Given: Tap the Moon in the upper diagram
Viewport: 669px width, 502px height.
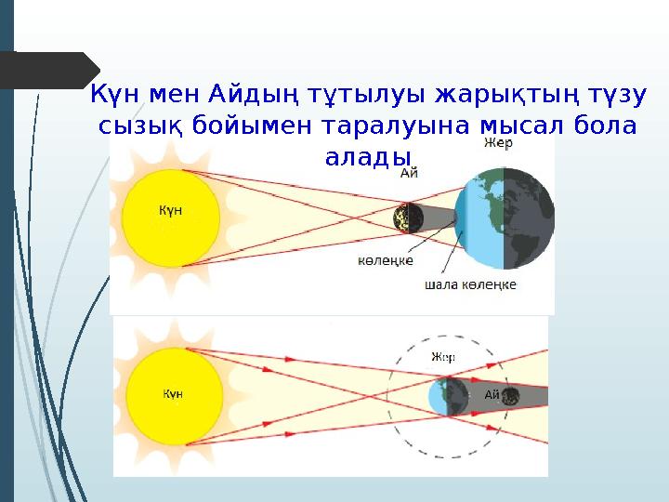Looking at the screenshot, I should point(408,218).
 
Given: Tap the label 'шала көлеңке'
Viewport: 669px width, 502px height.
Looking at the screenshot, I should point(471,284).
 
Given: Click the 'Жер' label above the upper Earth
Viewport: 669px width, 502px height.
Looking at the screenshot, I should point(497,145).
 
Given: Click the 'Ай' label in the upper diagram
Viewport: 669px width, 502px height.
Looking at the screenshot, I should point(409,172).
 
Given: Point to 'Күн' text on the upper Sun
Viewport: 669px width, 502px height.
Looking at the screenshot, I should point(170,210).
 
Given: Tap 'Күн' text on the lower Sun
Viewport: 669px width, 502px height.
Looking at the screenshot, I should point(173,394).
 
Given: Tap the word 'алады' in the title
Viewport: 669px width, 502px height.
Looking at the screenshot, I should point(368,154).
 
